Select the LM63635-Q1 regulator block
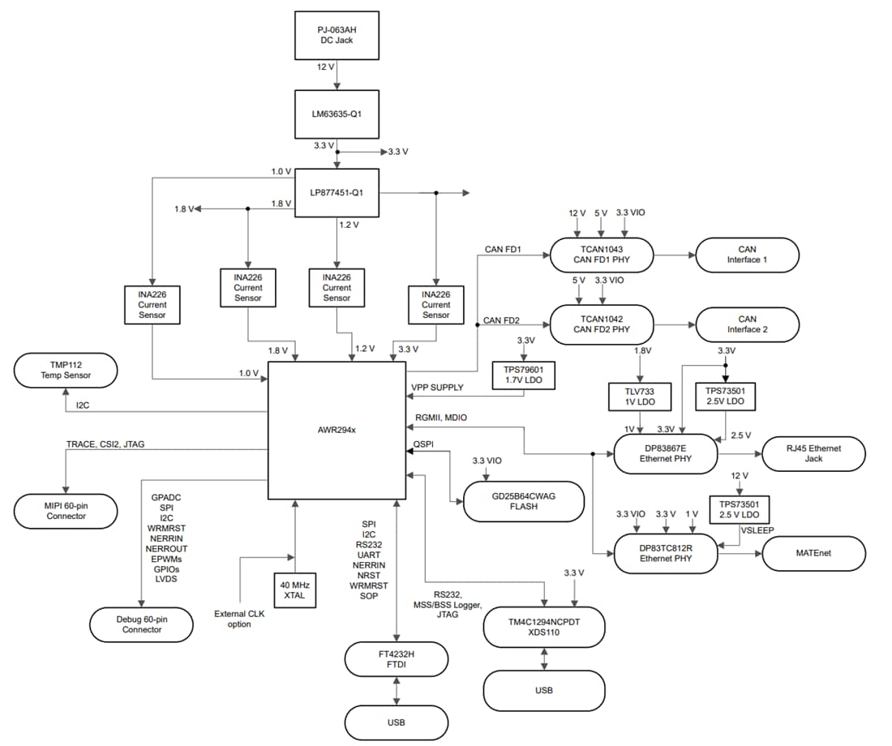point(337,114)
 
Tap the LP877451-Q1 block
point(337,193)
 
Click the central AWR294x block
point(337,430)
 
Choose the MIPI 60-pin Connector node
point(66,511)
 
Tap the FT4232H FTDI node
point(397,658)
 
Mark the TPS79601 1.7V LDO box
point(523,374)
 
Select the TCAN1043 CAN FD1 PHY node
point(602,255)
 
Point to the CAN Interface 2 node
point(747,324)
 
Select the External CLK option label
point(239,620)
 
